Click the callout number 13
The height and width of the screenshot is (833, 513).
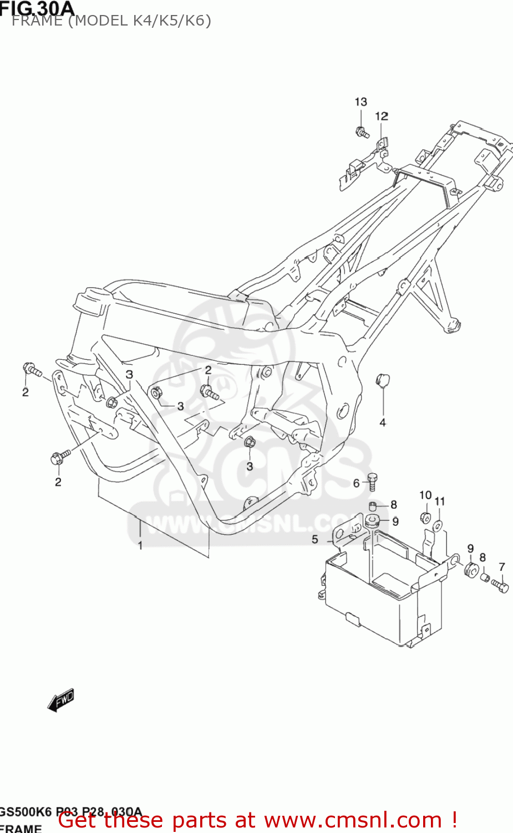click(360, 102)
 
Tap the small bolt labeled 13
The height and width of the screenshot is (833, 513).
click(362, 133)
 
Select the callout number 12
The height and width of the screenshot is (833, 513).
click(382, 116)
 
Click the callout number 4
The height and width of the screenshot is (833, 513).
click(382, 423)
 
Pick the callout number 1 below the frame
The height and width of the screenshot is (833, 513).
click(140, 545)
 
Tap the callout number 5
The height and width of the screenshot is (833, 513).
click(315, 539)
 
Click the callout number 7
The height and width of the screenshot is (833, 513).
click(501, 567)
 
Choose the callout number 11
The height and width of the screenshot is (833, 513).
click(439, 501)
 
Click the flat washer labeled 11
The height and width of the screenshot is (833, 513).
click(438, 525)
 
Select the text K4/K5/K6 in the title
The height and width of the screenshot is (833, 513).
click(171, 21)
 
